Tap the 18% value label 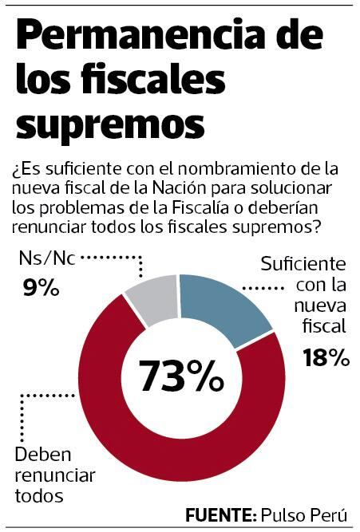(326, 358)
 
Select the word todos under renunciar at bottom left (37, 494)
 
